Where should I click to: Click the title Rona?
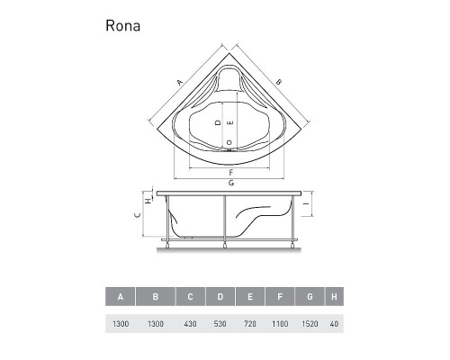pyautogui.click(x=122, y=26)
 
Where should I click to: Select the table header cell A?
pyautogui.click(x=121, y=297)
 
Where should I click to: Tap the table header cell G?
pyautogui.click(x=310, y=297)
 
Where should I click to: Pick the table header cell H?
pyautogui.click(x=334, y=297)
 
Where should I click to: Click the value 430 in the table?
pyautogui.click(x=191, y=324)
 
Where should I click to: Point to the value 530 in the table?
pyautogui.click(x=220, y=324)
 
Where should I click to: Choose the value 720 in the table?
pyautogui.click(x=250, y=324)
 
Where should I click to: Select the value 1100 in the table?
pyautogui.click(x=280, y=324)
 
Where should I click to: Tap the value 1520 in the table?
pyautogui.click(x=310, y=324)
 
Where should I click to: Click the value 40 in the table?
pyautogui.click(x=334, y=324)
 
